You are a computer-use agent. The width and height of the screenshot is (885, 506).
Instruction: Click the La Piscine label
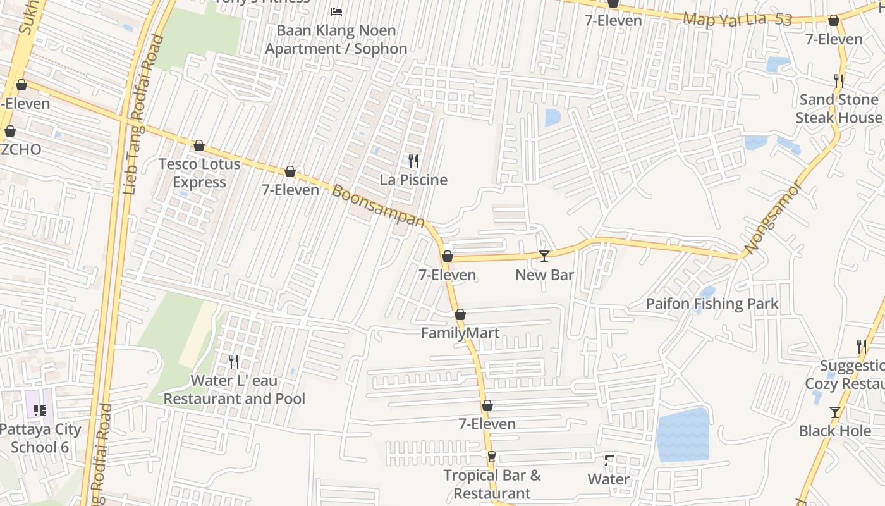tap(413, 180)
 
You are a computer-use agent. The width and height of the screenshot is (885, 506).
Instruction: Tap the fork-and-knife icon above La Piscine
tap(413, 161)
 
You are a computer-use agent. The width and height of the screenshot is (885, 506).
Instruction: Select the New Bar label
tap(544, 275)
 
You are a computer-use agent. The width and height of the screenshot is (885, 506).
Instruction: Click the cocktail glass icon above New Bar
tap(544, 256)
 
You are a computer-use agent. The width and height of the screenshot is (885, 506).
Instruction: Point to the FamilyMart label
tap(460, 333)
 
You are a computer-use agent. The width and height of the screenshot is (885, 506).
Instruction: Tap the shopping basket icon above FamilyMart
tap(460, 314)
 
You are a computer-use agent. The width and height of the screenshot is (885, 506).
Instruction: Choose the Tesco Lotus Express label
tap(199, 173)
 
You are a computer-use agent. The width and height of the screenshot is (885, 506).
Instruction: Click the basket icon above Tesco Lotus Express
tap(199, 146)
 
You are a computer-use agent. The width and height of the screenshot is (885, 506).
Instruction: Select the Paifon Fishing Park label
tap(712, 304)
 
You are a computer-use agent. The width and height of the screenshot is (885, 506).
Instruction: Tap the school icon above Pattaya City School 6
tap(40, 410)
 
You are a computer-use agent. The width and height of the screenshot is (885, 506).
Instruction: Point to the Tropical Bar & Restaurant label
tap(492, 484)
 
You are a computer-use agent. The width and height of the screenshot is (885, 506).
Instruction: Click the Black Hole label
tap(834, 431)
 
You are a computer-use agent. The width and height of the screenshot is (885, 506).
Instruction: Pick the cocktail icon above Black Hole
tap(835, 412)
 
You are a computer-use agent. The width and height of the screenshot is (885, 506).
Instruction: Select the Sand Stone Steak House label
tap(838, 109)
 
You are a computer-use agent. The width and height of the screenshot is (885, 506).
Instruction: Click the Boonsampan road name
tap(379, 206)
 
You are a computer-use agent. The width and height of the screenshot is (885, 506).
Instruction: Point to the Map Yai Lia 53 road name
tap(738, 20)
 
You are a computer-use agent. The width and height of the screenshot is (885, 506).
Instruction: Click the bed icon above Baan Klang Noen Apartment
tap(336, 12)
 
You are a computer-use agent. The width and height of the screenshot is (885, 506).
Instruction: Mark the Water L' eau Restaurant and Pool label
tap(235, 390)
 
